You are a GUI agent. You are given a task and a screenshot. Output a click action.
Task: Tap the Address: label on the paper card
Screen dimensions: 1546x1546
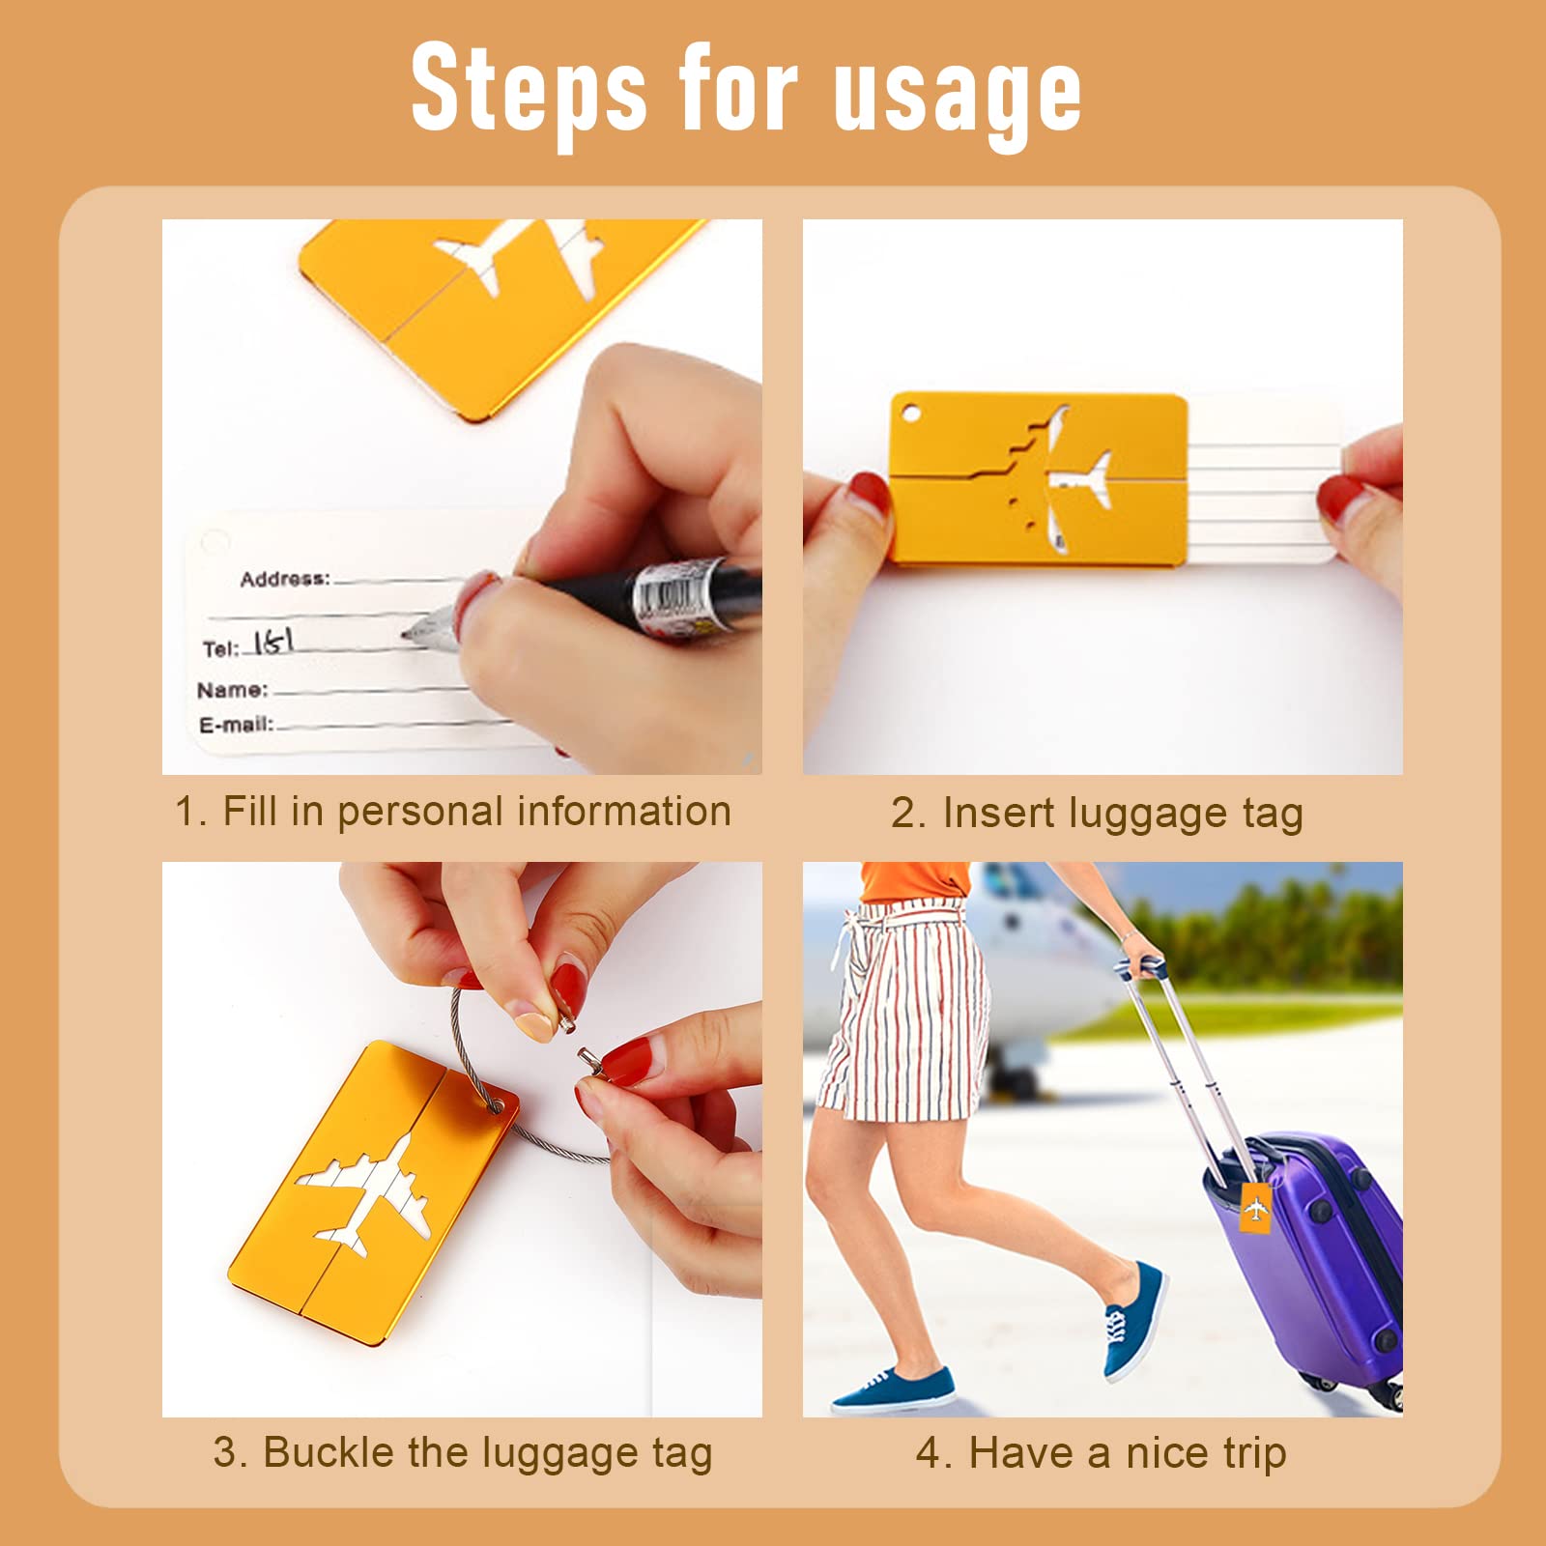285,579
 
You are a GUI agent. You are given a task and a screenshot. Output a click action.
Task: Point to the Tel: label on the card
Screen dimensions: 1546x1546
220,648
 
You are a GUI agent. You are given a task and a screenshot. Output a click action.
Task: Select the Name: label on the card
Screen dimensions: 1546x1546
233,690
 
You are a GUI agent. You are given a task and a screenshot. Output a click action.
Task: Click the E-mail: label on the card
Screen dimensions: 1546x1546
237,724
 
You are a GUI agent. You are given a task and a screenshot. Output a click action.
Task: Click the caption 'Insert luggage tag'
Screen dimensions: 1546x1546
1123,814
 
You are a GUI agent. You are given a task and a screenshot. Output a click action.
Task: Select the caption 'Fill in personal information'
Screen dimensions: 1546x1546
476,812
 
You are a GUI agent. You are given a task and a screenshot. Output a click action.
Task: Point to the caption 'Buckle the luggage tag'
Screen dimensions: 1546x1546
488,1453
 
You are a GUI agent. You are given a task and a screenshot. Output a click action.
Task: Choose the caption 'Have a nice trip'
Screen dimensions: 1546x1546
1128,1453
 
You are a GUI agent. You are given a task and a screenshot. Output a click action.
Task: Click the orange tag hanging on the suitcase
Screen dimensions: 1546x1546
1255,1208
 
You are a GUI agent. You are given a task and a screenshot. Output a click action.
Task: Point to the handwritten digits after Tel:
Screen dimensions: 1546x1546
272,641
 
